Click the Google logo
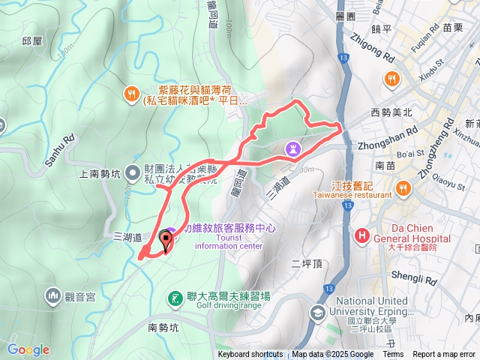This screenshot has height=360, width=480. click(x=28, y=349)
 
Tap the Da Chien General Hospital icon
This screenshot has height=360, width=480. click(x=362, y=235)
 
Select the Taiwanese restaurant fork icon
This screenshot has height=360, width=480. click(x=402, y=187)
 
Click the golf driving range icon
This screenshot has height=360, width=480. click(x=174, y=299)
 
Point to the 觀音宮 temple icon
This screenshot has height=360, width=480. click(x=52, y=294)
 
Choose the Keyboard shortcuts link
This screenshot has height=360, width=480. click(x=250, y=355)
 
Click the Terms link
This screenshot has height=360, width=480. click(x=393, y=355)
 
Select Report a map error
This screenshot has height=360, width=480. click(x=445, y=355)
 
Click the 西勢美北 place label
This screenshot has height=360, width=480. click(x=391, y=112)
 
